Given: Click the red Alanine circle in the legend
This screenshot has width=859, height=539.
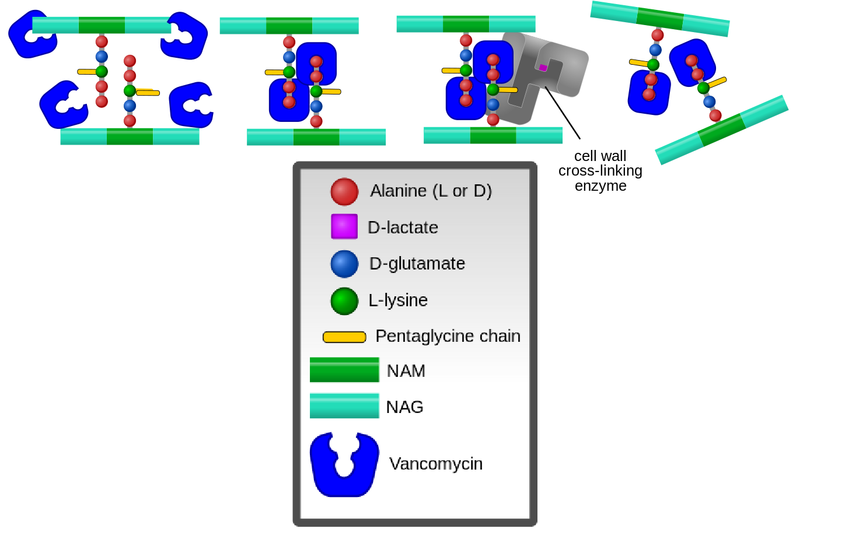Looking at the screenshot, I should click(344, 192).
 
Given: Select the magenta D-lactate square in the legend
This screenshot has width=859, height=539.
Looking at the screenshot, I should click(344, 226).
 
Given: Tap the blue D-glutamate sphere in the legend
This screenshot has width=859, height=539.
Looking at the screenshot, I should click(344, 264).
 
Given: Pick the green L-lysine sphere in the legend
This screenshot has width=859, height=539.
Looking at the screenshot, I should click(344, 301).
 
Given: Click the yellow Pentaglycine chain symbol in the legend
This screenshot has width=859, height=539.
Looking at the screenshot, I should click(344, 337).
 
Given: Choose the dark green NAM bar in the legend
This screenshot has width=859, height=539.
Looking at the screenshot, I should click(344, 370).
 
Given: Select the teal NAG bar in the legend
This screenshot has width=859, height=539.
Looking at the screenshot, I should click(344, 406).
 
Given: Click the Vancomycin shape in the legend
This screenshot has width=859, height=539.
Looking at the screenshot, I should click(344, 473).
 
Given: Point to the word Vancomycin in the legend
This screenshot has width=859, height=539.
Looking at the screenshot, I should click(436, 464).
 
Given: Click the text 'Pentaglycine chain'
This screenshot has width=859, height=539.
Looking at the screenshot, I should click(448, 336).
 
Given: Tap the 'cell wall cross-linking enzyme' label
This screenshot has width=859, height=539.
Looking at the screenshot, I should click(600, 171).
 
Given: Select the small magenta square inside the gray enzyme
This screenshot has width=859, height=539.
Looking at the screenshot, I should click(543, 68).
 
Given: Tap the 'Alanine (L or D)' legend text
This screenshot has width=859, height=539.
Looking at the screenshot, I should click(431, 191).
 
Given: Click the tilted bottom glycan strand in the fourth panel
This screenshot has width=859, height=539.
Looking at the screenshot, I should click(722, 129).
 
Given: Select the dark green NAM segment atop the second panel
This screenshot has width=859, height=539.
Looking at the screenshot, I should click(289, 26).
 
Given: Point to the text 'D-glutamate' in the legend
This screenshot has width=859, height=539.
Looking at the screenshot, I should click(417, 264).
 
